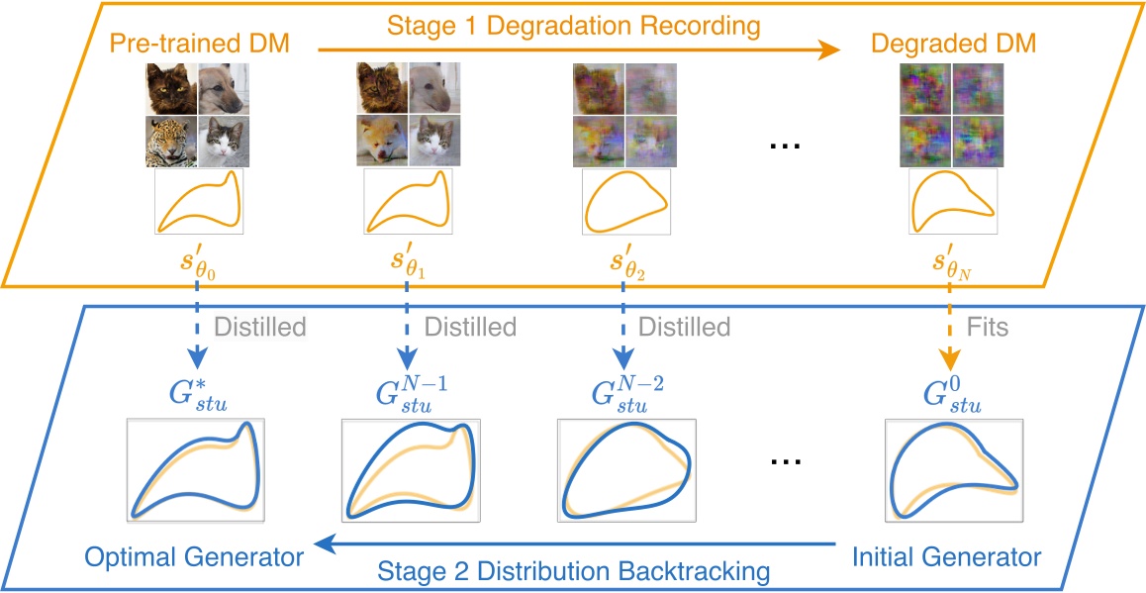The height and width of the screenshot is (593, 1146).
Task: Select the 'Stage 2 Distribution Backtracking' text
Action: [x=575, y=571]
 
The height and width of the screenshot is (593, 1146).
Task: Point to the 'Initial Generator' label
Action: [x=946, y=556]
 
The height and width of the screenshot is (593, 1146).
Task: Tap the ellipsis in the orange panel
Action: [x=784, y=145]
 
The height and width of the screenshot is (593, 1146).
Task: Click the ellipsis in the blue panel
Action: [x=784, y=462]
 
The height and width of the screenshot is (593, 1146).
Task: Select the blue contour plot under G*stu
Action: [x=195, y=469]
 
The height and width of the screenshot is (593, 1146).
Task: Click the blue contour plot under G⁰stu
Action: [x=949, y=469]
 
